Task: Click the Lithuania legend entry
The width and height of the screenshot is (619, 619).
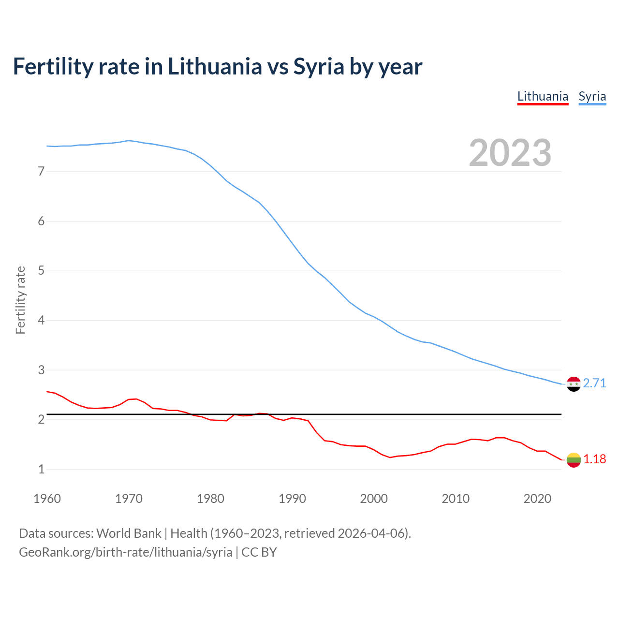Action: (543, 96)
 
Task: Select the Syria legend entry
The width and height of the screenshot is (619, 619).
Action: (592, 96)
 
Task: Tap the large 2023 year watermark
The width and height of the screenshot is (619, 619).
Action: (510, 153)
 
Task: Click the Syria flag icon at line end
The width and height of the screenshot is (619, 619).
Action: (574, 384)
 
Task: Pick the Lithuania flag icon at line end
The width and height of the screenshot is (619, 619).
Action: (574, 460)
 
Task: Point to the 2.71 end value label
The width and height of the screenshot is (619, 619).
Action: (594, 383)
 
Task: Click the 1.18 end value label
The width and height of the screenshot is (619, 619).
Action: (594, 459)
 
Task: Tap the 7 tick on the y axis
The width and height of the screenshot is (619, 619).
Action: (41, 171)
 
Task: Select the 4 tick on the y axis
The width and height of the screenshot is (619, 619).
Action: (41, 320)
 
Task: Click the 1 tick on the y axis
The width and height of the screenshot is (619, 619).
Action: (41, 469)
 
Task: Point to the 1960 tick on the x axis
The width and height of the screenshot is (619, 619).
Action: (47, 499)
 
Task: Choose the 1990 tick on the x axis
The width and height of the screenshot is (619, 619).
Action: (292, 499)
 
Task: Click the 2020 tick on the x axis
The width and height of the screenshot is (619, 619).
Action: (537, 499)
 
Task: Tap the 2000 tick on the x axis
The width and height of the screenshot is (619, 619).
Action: (374, 499)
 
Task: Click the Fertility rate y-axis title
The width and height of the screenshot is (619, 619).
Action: (20, 300)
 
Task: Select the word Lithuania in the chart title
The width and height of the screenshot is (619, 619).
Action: (215, 67)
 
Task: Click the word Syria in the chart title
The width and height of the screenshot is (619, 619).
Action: (319, 67)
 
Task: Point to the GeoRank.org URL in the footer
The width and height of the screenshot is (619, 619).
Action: (126, 552)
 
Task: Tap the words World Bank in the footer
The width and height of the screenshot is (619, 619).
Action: (129, 533)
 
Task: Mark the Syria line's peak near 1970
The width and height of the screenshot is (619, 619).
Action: (128, 140)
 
